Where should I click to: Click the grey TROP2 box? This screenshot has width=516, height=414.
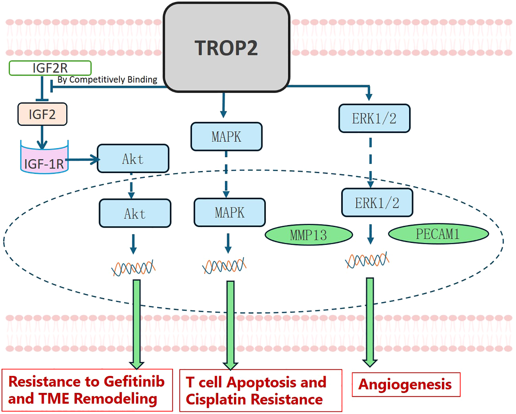click(227, 47)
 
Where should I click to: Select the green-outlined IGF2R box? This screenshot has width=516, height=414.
click(50, 68)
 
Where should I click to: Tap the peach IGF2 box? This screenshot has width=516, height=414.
click(42, 114)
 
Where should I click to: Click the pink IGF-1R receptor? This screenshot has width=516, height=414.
click(44, 157)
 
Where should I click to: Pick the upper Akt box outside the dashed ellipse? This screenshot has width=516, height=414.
click(133, 158)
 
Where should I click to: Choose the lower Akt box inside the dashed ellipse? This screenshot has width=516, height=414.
click(135, 213)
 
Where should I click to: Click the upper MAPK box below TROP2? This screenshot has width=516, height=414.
click(227, 137)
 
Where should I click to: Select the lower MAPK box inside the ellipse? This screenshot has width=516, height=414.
click(230, 212)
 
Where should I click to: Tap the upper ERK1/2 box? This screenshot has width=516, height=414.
click(374, 118)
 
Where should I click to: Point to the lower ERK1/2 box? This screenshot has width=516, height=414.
click(377, 203)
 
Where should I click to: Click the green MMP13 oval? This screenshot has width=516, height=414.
click(309, 235)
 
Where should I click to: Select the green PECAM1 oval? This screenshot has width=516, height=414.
click(438, 234)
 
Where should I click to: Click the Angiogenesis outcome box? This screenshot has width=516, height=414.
click(406, 384)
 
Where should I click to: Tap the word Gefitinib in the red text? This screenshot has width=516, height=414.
click(134, 382)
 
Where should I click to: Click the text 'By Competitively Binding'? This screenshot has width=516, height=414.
click(107, 80)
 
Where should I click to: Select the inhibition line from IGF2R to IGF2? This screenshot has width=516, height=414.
click(42, 89)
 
